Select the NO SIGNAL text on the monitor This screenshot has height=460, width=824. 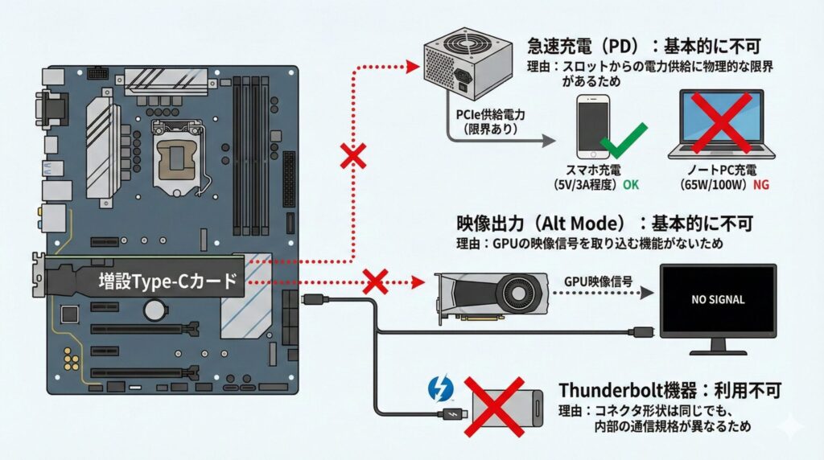click(718, 299)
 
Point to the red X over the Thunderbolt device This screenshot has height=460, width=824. click(498, 407)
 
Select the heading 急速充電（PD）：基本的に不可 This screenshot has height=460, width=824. click(641, 45)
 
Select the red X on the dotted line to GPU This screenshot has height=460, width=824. click(376, 281)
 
